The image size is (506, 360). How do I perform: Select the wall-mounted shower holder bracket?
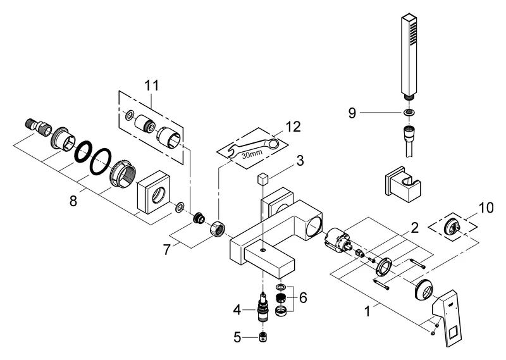click(x=400, y=185)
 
